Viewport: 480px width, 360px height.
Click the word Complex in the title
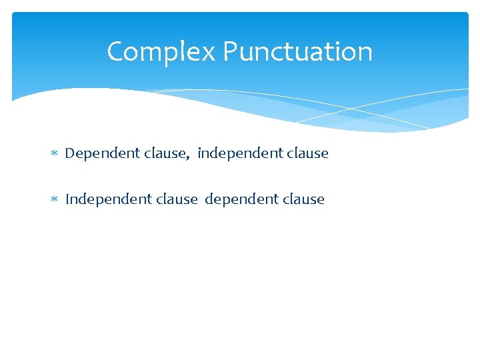(x=161, y=52)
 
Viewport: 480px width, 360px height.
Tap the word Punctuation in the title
(x=298, y=52)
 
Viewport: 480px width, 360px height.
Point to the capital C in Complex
(x=116, y=52)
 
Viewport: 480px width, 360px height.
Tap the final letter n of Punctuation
(x=365, y=53)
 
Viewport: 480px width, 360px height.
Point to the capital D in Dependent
(x=69, y=153)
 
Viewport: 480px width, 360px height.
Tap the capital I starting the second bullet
(x=67, y=199)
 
